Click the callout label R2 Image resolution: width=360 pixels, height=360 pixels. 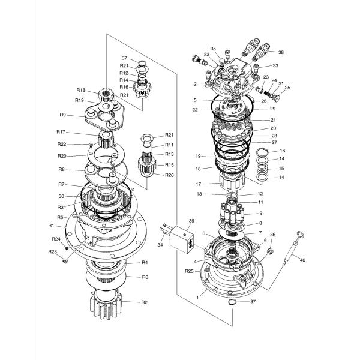[144, 302]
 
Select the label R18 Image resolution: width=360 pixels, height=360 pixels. [81, 90]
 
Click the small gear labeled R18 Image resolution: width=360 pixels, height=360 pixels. [106, 94]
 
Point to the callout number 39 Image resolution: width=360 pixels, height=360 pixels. [191, 221]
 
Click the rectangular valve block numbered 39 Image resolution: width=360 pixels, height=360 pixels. [182, 239]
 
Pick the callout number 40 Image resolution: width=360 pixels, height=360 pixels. [302, 260]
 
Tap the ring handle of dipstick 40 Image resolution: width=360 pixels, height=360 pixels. [301, 234]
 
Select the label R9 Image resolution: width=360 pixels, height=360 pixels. [62, 115]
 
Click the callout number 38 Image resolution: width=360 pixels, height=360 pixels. [281, 52]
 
